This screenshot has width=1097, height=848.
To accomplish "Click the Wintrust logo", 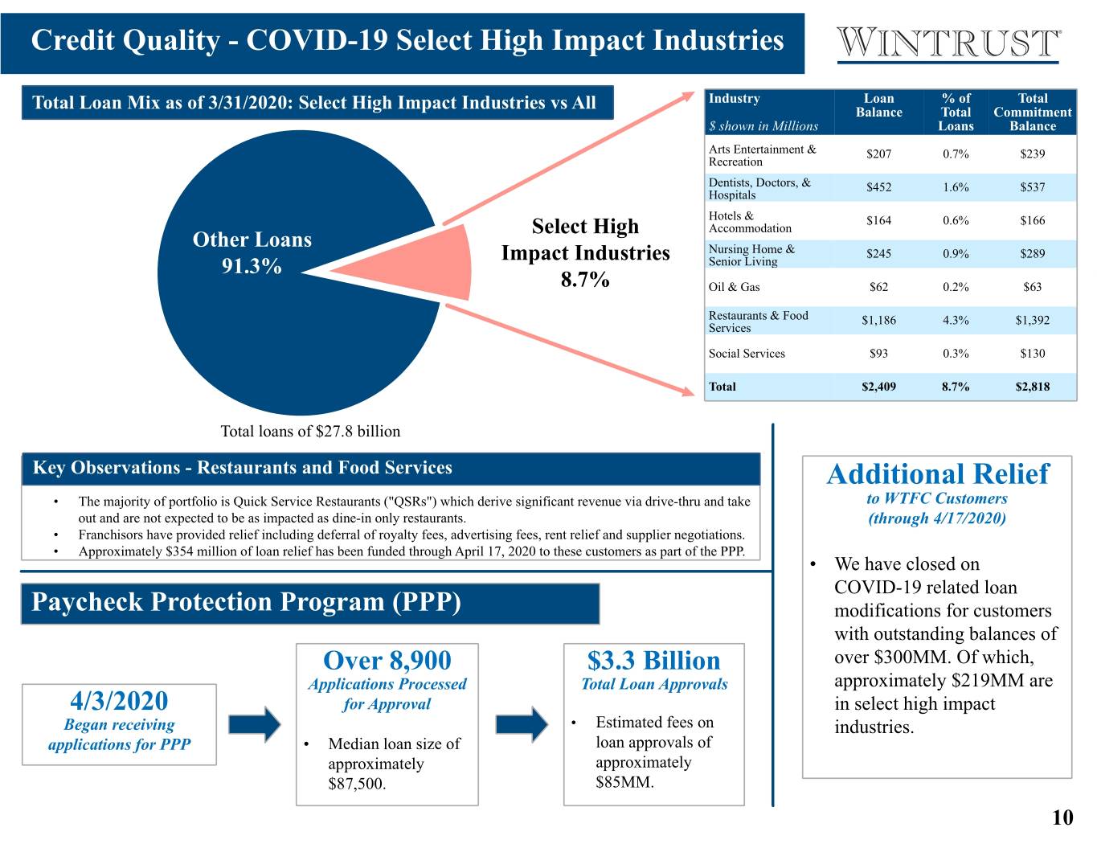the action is pyautogui.click(x=948, y=44).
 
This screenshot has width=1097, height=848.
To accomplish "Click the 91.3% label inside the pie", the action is pyautogui.click(x=252, y=266).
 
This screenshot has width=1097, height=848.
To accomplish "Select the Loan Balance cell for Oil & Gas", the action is pyautogui.click(x=878, y=287).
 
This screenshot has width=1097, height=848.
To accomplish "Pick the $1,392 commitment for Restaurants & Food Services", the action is pyautogui.click(x=1033, y=320).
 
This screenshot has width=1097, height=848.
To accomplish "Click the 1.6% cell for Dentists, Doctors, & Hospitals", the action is pyautogui.click(x=956, y=187).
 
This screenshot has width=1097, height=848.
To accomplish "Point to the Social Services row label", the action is pyautogui.click(x=747, y=354).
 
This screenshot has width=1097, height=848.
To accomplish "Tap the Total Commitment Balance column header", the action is pyautogui.click(x=1033, y=112).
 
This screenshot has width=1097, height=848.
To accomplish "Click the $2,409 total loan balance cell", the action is pyautogui.click(x=878, y=387).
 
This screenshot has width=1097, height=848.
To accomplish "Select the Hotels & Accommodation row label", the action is pyautogui.click(x=750, y=222).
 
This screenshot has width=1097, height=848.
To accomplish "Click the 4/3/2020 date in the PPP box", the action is pyautogui.click(x=119, y=701).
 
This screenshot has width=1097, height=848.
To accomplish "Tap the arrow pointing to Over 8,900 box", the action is pyautogui.click(x=255, y=725).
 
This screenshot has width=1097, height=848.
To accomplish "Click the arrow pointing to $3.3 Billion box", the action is pyautogui.click(x=522, y=725).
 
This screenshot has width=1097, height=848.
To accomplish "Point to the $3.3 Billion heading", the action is pyautogui.click(x=653, y=661).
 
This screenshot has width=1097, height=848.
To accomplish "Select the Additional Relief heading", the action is pyautogui.click(x=938, y=474).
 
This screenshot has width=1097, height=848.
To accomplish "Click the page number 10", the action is pyautogui.click(x=1062, y=817).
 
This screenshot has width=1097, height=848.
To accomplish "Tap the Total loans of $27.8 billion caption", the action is pyautogui.click(x=310, y=431).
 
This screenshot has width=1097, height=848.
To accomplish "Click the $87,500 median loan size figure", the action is pyautogui.click(x=356, y=784).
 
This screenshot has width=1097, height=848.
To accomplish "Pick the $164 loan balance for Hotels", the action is pyautogui.click(x=878, y=220).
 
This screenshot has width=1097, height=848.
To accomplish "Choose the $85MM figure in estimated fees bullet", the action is pyautogui.click(x=624, y=782).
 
